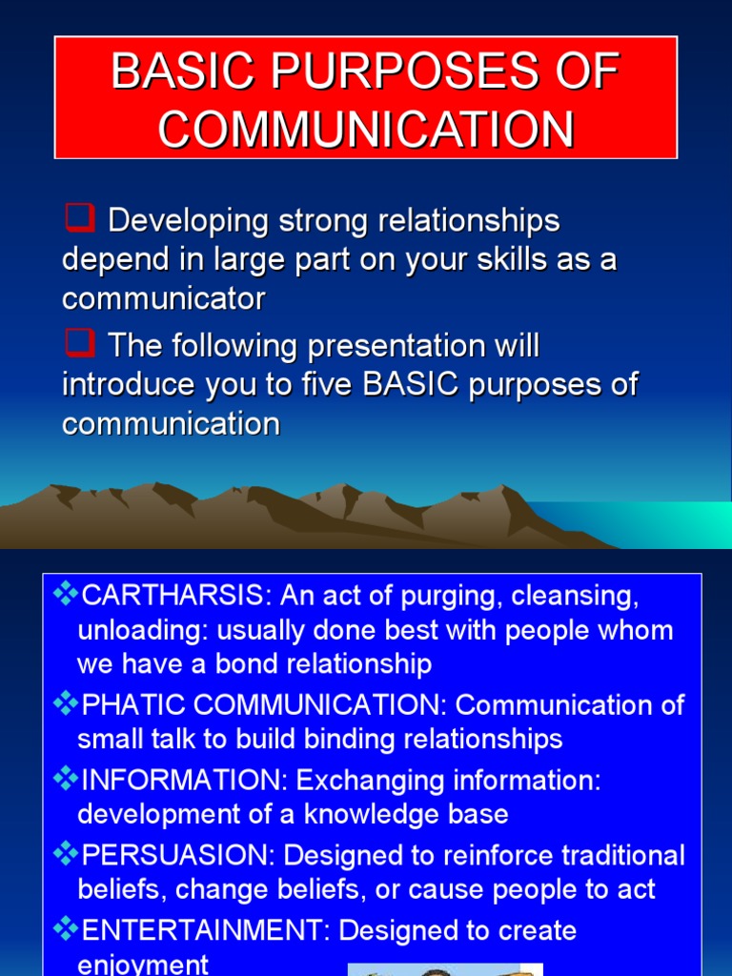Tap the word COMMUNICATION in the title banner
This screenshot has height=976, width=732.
366,130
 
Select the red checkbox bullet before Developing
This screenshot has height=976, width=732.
80,220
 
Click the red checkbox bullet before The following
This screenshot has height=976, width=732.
80,344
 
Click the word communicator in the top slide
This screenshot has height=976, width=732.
163,299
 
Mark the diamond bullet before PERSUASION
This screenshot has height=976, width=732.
66,854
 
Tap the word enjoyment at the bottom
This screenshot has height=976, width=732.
143,965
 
